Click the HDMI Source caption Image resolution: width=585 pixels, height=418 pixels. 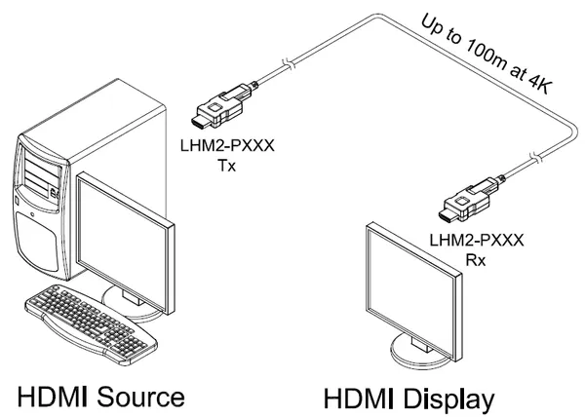[101, 396]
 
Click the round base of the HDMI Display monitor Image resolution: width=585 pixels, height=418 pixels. [422, 351]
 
